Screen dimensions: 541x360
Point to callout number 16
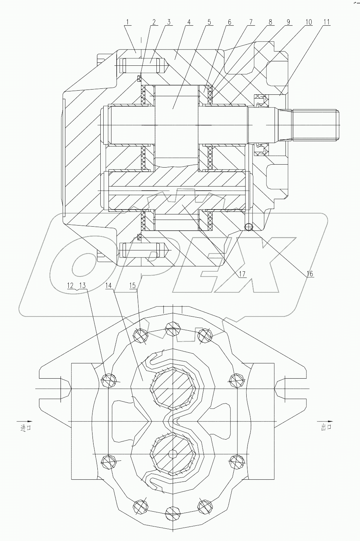tap(310, 274)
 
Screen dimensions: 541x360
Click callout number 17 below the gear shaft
tap(242, 274)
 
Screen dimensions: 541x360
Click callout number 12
tap(71, 285)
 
